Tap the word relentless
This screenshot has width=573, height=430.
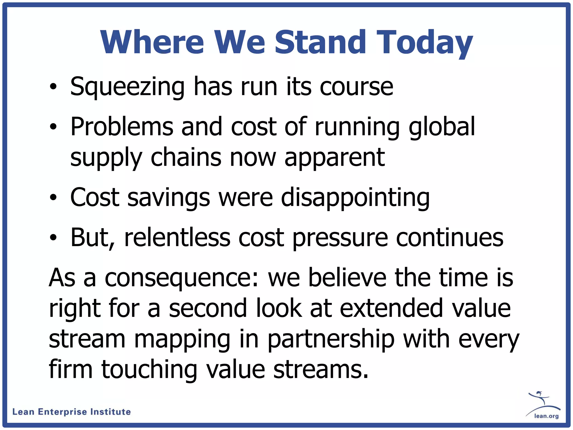pos(177,238)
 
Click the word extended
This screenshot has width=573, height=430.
pos(391,308)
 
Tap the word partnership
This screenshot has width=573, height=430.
pos(331,340)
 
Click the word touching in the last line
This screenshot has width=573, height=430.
pos(149,370)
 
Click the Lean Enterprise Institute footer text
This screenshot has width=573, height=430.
pos(72,412)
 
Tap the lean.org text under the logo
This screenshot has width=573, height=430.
pos(546,416)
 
